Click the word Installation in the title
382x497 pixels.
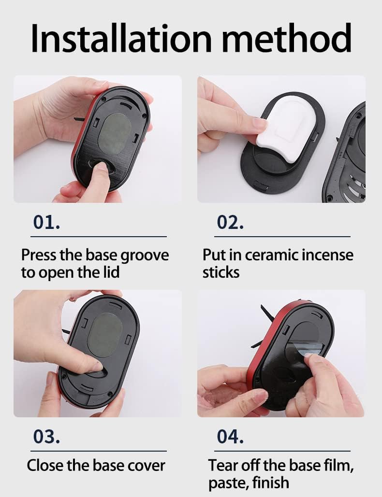coord(121,38)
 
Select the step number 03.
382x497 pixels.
coord(46,437)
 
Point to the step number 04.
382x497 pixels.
coord(230,437)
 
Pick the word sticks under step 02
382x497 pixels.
coord(221,272)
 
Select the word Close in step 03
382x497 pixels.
coord(45,465)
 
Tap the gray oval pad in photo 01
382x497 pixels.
coord(115,134)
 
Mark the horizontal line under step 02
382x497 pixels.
coord(282,237)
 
